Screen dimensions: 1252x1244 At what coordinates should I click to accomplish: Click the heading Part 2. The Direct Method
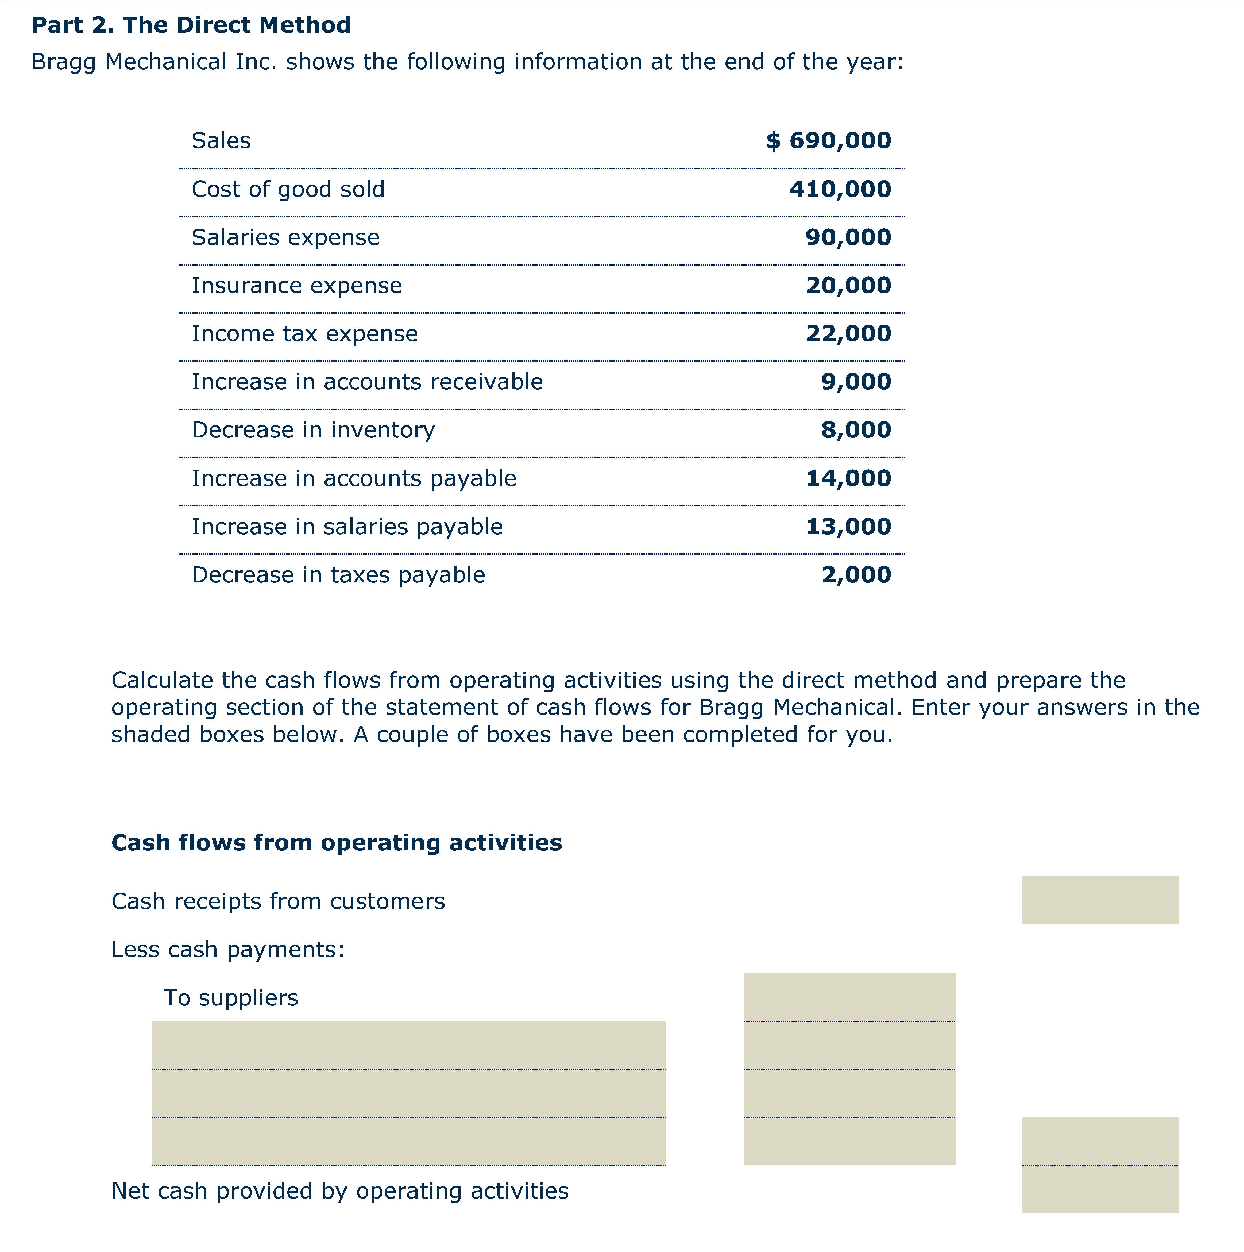click(191, 25)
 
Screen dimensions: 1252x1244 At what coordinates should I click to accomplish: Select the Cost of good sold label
click(288, 189)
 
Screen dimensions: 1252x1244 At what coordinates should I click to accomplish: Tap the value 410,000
click(840, 189)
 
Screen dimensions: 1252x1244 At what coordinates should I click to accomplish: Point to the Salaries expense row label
click(285, 237)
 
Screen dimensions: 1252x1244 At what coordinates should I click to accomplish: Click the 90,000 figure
click(848, 237)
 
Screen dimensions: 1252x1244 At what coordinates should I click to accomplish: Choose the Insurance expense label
click(296, 286)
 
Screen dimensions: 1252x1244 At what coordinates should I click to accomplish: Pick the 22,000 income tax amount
click(848, 334)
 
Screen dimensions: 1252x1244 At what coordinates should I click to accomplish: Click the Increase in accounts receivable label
click(367, 382)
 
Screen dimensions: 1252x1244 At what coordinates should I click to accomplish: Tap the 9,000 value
click(856, 382)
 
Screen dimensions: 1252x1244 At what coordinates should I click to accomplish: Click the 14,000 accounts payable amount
click(848, 478)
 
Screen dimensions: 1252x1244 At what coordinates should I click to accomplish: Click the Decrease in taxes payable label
click(338, 575)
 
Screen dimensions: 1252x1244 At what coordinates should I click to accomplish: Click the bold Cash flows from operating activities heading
click(336, 842)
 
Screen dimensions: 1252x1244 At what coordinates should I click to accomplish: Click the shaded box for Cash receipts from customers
click(1099, 900)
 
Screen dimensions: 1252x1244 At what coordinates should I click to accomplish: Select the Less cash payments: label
click(228, 949)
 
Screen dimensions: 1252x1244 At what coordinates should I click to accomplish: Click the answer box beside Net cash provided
click(1099, 1190)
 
